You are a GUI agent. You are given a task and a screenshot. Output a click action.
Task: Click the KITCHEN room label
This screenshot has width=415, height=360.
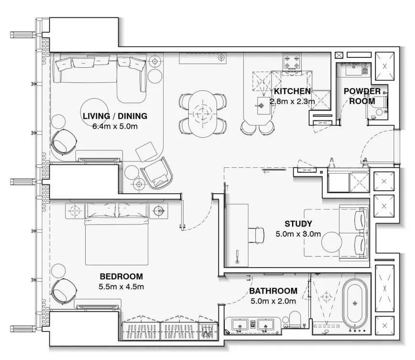[292, 91]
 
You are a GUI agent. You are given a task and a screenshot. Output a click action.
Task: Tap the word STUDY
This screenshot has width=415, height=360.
[298, 223]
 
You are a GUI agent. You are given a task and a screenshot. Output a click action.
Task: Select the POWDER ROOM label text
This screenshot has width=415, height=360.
[362, 96]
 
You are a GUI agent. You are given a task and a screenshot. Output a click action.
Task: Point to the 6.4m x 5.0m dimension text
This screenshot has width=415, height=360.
[115, 127]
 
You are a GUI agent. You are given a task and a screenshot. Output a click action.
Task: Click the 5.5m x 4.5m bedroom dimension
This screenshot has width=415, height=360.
[121, 287]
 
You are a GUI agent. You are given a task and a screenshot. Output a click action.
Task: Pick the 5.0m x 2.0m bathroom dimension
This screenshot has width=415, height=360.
[273, 301]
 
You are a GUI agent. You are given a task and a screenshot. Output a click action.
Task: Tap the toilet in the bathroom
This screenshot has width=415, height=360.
[294, 320]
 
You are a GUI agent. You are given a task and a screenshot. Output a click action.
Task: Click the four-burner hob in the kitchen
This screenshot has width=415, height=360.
[292, 62]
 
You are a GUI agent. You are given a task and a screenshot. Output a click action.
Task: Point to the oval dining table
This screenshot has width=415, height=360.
[203, 114]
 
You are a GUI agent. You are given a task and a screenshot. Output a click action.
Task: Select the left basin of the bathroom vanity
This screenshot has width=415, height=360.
[239, 325]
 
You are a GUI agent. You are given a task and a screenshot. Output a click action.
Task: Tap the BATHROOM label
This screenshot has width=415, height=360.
[273, 291]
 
